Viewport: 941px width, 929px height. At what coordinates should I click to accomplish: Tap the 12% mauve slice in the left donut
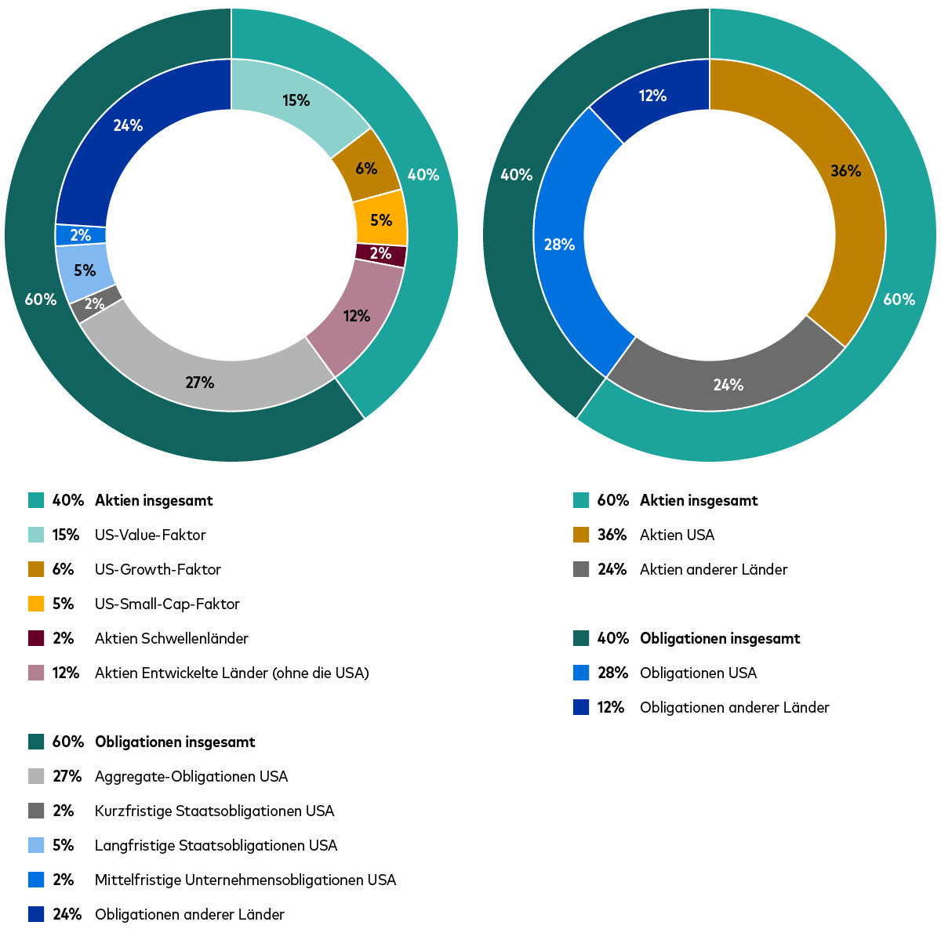tap(357, 316)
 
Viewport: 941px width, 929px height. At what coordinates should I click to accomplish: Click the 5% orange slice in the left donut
tap(381, 220)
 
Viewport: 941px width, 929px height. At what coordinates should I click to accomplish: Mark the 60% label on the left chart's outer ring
tap(40, 299)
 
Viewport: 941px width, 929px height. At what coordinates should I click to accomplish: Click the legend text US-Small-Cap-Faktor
tap(167, 604)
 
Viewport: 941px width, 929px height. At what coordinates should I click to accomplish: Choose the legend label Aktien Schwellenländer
tap(171, 638)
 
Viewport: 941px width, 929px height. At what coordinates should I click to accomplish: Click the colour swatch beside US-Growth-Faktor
tap(35, 569)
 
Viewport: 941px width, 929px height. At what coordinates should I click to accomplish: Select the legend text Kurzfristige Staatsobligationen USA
tap(214, 811)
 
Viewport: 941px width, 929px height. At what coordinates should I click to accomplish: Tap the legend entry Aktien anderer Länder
tap(713, 569)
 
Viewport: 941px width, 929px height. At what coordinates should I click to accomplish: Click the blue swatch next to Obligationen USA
tap(580, 673)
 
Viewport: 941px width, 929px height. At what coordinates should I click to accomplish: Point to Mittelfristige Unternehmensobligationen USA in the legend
tap(245, 880)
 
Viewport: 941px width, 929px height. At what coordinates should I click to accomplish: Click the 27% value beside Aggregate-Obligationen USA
tap(67, 776)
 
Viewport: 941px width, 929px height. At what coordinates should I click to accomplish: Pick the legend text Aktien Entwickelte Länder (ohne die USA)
tap(231, 673)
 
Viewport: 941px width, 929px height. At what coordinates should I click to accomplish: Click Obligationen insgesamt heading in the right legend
tap(720, 638)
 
